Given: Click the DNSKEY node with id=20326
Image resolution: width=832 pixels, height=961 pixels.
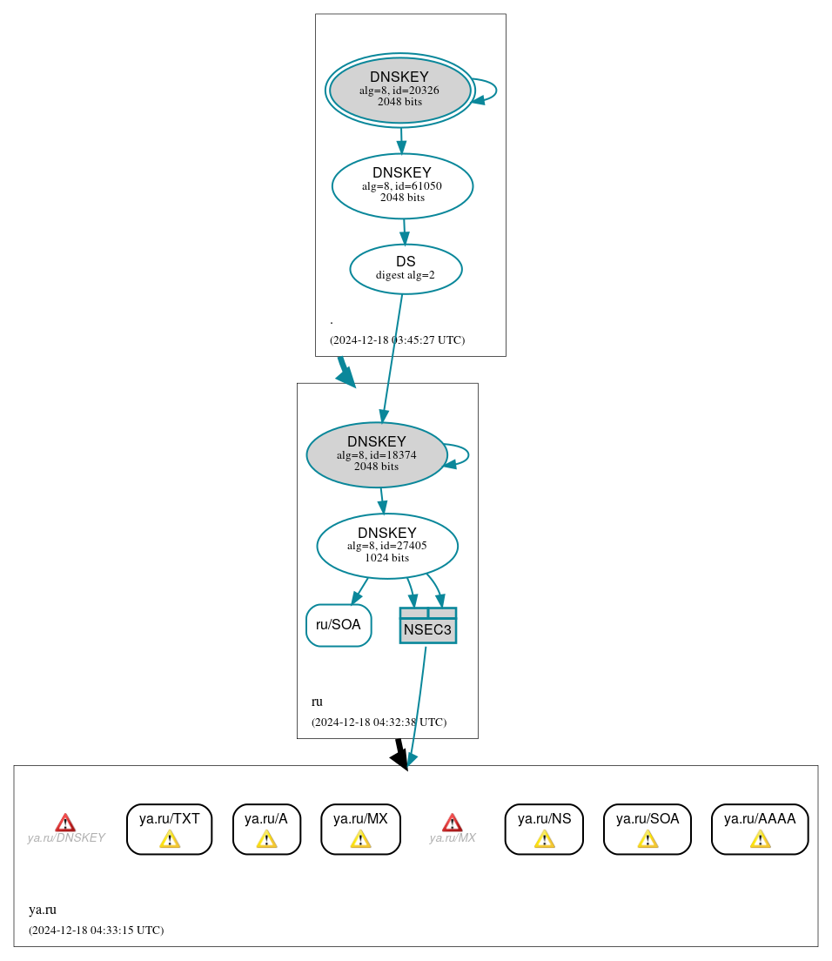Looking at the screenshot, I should [399, 90].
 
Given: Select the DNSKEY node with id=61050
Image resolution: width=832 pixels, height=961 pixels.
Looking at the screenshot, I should [402, 185].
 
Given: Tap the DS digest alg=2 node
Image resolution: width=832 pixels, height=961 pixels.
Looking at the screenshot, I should [406, 269].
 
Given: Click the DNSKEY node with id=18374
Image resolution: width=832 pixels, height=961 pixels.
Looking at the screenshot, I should [377, 454].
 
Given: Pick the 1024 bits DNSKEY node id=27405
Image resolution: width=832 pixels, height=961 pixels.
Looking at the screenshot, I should [387, 546].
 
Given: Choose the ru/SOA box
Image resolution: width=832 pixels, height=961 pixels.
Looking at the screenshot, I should [339, 625].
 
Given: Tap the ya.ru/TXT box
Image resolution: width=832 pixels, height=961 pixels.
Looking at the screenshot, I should [170, 829].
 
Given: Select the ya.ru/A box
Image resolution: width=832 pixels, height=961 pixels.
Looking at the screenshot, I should [266, 829].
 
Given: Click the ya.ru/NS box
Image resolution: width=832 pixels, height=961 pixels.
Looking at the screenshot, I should [544, 829].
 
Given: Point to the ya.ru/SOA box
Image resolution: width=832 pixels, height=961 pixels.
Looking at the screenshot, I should [647, 829].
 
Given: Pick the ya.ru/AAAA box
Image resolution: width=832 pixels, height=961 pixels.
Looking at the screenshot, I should [760, 829].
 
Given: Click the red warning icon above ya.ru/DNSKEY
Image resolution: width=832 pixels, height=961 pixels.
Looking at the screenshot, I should [65, 823].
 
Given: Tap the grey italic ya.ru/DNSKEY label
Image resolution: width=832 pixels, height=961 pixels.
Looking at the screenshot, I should [66, 838].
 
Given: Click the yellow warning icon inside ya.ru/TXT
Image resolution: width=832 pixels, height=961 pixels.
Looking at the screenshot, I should [170, 838].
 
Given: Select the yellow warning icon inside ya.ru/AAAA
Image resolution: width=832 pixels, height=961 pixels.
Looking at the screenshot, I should [760, 838].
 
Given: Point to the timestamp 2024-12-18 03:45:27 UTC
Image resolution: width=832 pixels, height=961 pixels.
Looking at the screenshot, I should [397, 340].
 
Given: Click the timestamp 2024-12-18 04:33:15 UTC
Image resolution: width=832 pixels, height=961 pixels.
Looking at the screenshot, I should [96, 931].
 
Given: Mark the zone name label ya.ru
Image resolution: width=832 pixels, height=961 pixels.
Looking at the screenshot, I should [43, 910].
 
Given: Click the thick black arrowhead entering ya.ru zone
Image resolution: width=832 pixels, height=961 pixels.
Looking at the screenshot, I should [400, 759].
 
